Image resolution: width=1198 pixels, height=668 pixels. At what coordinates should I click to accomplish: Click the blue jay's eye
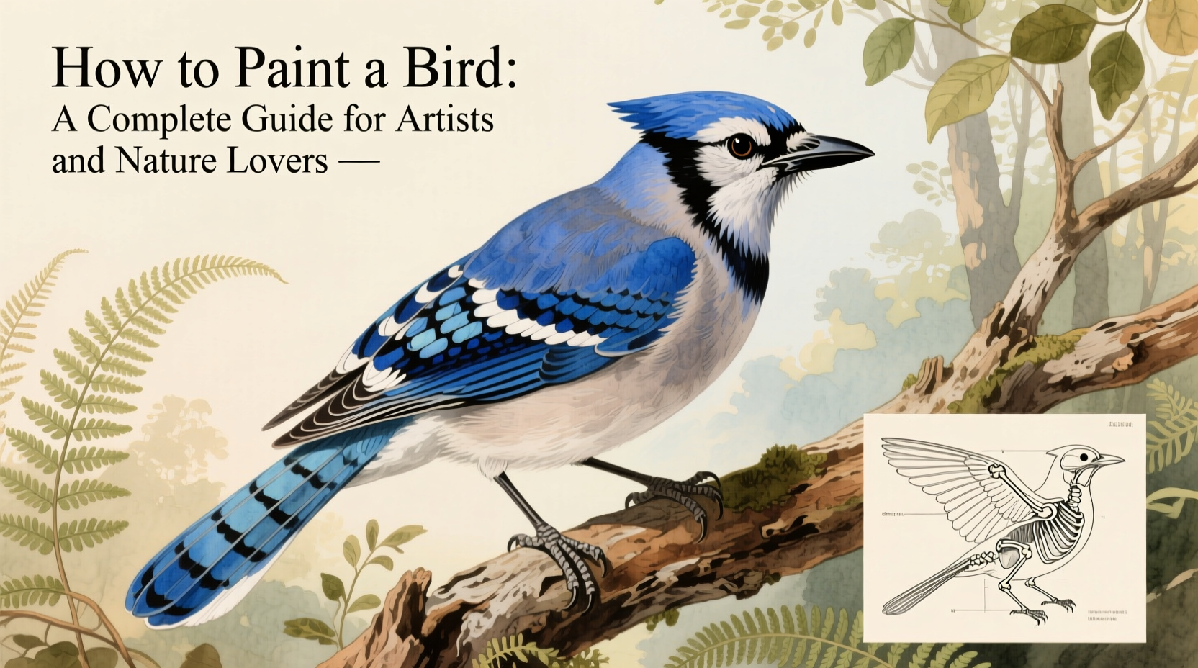tap(740, 146)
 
